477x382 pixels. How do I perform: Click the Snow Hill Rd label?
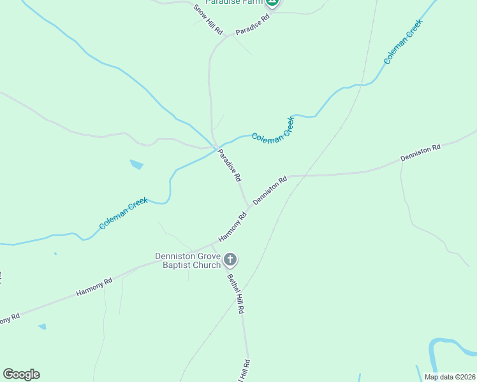click(x=209, y=18)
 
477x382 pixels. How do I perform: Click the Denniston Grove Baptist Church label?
click(x=188, y=260)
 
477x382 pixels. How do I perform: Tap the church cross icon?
click(x=230, y=260)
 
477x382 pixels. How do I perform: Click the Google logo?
click(x=21, y=374)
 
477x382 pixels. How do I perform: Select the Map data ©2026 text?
click(x=450, y=377)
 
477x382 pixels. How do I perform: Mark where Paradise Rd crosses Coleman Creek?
click(x=215, y=146)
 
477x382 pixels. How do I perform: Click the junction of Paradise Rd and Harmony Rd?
click(x=249, y=208)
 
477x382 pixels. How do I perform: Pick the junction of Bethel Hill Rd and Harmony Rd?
click(x=213, y=245)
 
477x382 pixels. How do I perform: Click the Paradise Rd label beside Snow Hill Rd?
click(x=253, y=24)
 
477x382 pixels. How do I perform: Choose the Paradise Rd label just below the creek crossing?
click(x=228, y=164)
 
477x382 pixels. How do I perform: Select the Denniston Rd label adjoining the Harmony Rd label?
click(x=270, y=190)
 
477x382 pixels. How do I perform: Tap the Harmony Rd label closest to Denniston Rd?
click(x=232, y=227)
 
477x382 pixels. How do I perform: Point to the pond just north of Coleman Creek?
click(x=136, y=164)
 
